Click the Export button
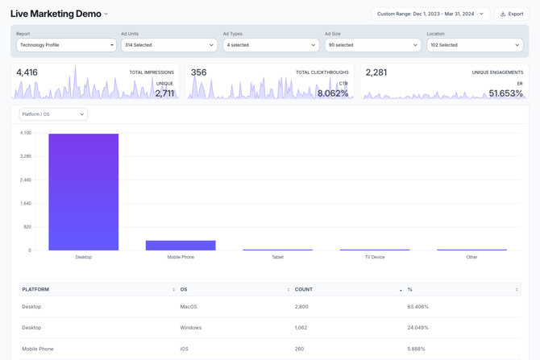[x=512, y=14]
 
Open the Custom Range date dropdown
[x=430, y=14]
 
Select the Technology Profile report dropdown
[x=66, y=45]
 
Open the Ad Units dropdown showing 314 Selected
[x=168, y=45]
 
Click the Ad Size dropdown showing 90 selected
[x=372, y=45]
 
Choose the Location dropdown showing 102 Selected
[x=474, y=45]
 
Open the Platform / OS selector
[x=53, y=114]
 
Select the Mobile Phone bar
[x=181, y=246]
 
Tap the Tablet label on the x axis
[x=277, y=258]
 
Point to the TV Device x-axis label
[x=375, y=258]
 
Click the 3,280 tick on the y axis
[x=26, y=156]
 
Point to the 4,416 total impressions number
[x=27, y=72]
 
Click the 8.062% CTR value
[x=333, y=93]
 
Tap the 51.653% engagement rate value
[x=506, y=93]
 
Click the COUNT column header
[x=304, y=289]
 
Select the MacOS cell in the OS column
[x=189, y=307]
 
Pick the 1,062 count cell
[x=301, y=328]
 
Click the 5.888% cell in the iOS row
[x=417, y=349]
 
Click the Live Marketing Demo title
[x=56, y=14]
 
